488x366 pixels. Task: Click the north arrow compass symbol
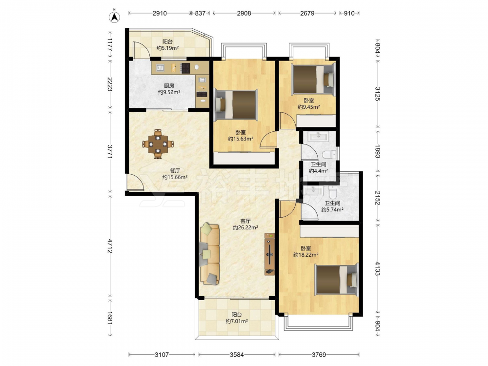(115, 17)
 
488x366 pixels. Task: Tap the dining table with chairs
(158, 144)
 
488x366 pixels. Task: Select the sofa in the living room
(210, 254)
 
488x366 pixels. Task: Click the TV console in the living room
(269, 254)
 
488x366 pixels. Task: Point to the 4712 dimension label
(110, 245)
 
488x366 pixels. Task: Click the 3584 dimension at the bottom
(237, 354)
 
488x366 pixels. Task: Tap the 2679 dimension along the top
(307, 13)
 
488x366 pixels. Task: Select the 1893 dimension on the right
(377, 151)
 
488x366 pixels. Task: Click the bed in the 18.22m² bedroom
(336, 279)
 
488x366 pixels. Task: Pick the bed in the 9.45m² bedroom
(313, 79)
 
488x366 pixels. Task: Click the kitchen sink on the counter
(160, 67)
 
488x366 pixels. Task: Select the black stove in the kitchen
(186, 68)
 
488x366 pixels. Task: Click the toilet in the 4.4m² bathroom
(328, 154)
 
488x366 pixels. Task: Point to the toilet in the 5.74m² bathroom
(332, 192)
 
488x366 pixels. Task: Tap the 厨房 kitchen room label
(169, 85)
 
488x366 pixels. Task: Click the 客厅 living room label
(245, 221)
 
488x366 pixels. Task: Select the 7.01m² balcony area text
(237, 321)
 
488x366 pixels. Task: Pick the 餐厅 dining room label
(175, 170)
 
